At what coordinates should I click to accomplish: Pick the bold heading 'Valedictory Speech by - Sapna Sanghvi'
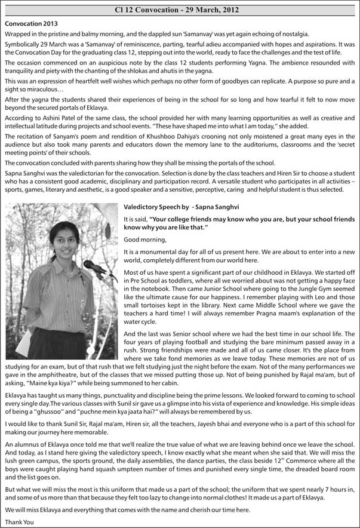(181, 207)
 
